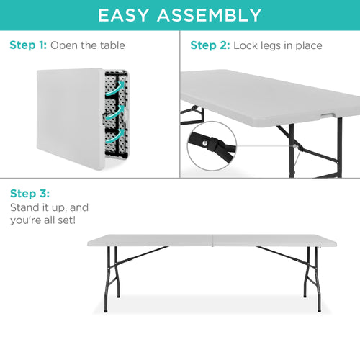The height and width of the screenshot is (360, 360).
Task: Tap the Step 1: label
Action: (x=28, y=45)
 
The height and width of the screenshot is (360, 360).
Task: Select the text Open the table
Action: (x=87, y=45)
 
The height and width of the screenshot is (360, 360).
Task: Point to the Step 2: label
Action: (x=209, y=45)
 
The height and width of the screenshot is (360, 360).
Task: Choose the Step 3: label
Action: (x=30, y=194)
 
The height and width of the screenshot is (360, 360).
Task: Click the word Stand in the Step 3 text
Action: (x=24, y=207)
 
